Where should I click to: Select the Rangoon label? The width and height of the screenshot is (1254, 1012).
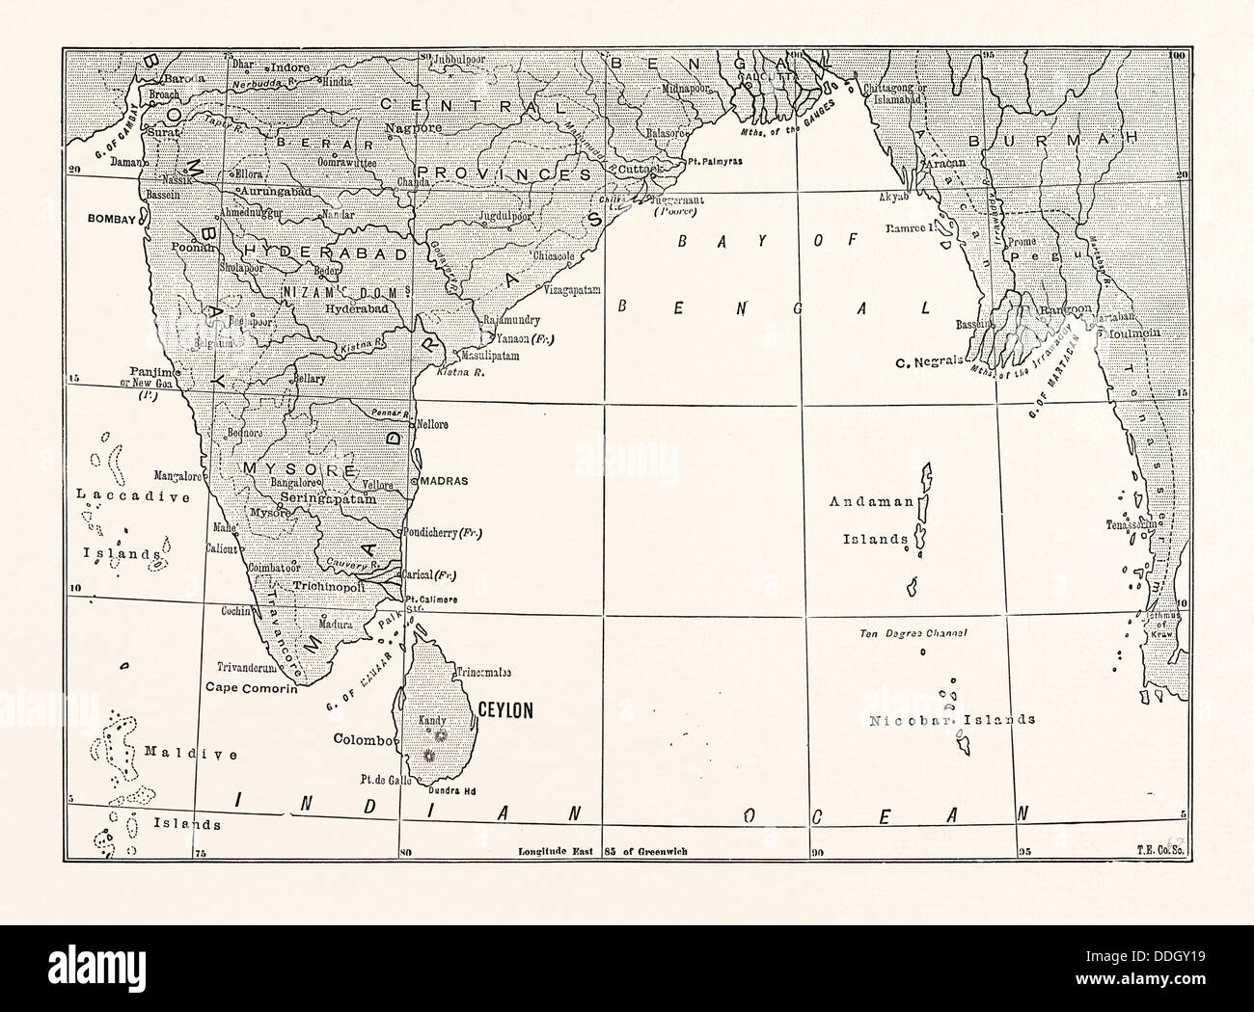pos(1065,309)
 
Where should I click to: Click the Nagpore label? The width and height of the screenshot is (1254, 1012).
pos(413,127)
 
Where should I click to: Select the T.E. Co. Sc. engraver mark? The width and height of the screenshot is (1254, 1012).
pos(1160,852)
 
